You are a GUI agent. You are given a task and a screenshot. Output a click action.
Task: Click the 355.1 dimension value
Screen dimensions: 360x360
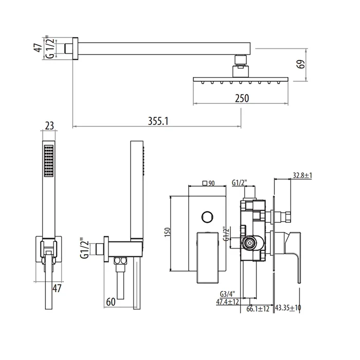[x=158, y=121]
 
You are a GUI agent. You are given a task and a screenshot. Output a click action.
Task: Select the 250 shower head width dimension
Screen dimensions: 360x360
[x=242, y=98]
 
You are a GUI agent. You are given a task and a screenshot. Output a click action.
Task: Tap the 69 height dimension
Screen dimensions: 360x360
[x=301, y=64]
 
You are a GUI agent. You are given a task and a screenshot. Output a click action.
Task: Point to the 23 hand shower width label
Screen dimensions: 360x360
[x=49, y=126]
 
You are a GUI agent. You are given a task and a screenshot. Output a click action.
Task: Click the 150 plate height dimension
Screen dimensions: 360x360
[x=167, y=232]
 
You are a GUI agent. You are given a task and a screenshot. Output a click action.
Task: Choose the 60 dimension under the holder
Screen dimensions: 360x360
[x=111, y=302]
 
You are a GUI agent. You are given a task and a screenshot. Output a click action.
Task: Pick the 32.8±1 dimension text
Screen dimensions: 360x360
[x=302, y=175]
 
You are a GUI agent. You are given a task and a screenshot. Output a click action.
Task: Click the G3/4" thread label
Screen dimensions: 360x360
[x=227, y=294]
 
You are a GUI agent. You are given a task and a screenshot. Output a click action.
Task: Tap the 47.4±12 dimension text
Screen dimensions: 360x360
[x=227, y=302]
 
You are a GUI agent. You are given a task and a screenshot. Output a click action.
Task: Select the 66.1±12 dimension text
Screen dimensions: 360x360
[x=258, y=309]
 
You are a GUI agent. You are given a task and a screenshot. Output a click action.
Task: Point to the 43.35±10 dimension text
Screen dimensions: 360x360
[x=288, y=308]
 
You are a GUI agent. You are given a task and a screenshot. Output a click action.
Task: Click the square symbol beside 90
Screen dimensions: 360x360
[x=205, y=183]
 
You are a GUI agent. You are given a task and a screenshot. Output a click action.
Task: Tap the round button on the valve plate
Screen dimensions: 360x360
[x=207, y=217]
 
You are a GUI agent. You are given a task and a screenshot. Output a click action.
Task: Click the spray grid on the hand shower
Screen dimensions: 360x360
[x=49, y=160]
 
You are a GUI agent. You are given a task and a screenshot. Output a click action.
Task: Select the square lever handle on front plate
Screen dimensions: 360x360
[x=207, y=258]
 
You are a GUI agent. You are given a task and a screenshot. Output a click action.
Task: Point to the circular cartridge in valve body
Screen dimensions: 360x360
[x=249, y=243]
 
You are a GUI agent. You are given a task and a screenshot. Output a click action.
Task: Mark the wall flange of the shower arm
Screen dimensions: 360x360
[x=75, y=49]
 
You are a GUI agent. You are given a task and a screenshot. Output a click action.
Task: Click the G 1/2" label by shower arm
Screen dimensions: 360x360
[x=50, y=47]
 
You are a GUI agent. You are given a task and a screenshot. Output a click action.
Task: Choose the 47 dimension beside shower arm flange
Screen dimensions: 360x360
[x=39, y=47]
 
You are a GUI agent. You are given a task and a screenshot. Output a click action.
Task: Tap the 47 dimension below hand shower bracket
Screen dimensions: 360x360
[x=57, y=289]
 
